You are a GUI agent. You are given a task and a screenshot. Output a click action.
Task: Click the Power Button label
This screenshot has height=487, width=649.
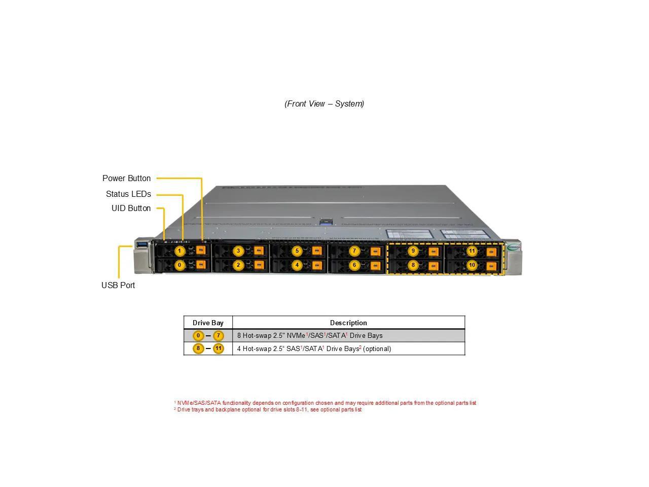126,178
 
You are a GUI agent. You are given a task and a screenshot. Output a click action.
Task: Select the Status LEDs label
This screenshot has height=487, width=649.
128,194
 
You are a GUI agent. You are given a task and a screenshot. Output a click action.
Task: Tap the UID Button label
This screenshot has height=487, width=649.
131,208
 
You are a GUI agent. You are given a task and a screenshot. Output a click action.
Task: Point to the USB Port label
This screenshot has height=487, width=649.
118,285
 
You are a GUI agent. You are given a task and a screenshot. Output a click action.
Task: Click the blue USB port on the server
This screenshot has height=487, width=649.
141,246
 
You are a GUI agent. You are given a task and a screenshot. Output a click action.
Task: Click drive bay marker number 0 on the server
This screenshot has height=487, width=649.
179,265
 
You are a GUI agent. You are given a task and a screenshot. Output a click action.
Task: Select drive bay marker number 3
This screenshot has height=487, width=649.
238,251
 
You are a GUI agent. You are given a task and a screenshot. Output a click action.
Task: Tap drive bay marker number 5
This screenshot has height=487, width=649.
297,251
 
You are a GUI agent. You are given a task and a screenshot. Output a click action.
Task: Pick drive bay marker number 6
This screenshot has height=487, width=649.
354,265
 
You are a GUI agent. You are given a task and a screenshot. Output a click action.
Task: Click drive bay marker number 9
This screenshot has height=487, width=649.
413,251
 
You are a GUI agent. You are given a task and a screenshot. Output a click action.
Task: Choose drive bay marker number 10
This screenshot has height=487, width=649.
472,265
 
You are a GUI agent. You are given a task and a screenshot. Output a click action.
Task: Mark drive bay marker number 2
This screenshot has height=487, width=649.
238,265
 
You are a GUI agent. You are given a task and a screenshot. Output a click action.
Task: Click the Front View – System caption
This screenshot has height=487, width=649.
324,103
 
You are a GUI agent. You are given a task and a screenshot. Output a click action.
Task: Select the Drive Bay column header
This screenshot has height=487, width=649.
208,323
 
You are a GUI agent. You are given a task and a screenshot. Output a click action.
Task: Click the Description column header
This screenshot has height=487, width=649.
348,323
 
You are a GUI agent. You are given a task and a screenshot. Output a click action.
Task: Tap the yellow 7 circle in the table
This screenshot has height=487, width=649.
218,335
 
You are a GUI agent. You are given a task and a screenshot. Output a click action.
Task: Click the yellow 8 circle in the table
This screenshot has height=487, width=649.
198,349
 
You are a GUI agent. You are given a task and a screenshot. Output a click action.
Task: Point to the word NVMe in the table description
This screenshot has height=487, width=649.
296,335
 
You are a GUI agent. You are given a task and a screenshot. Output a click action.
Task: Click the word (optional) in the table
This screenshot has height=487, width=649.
377,349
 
